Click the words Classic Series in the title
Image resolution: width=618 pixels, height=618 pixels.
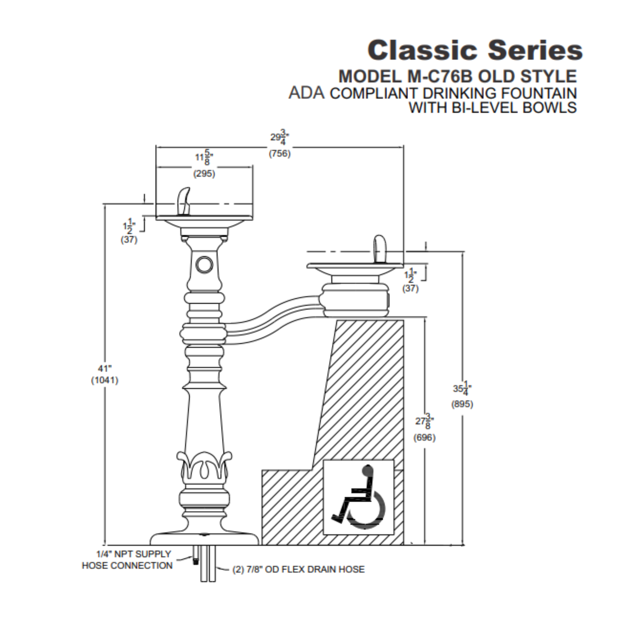point(475,50)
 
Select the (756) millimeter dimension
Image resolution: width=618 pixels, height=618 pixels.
point(279,154)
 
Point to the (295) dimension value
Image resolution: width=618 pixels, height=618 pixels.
point(204,174)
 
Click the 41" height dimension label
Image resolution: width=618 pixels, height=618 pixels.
point(105,368)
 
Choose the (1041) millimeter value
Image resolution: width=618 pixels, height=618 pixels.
point(105,380)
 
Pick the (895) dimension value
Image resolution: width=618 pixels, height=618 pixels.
point(462,404)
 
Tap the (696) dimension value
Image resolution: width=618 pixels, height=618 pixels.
point(424,437)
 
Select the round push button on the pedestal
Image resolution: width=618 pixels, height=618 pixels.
point(204,265)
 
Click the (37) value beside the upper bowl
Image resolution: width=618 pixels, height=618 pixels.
point(129,240)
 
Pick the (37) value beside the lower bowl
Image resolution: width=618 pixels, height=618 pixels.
point(410,288)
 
